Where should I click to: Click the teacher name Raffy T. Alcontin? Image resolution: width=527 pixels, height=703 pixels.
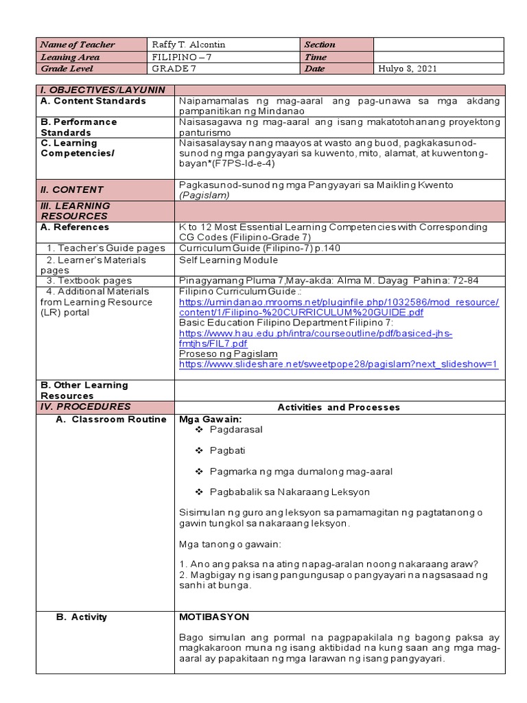pos(189,45)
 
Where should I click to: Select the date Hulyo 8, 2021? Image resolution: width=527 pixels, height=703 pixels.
pos(408,69)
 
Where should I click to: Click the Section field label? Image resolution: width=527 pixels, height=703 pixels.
pos(320,45)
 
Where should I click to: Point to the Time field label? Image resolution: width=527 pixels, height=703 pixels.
pos(316,57)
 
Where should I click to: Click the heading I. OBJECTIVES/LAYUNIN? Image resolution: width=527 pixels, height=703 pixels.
pos(103,90)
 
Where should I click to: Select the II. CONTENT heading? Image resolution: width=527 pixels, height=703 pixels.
pos(72,189)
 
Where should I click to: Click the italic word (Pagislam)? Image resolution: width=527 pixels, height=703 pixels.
pos(204,195)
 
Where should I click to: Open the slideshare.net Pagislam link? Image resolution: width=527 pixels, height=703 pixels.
pos(338,365)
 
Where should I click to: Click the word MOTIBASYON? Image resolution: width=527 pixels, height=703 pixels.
pos(214,617)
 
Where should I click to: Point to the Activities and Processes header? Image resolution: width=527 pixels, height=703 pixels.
pos(338,407)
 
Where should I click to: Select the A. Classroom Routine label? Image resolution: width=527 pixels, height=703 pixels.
pos(111,419)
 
